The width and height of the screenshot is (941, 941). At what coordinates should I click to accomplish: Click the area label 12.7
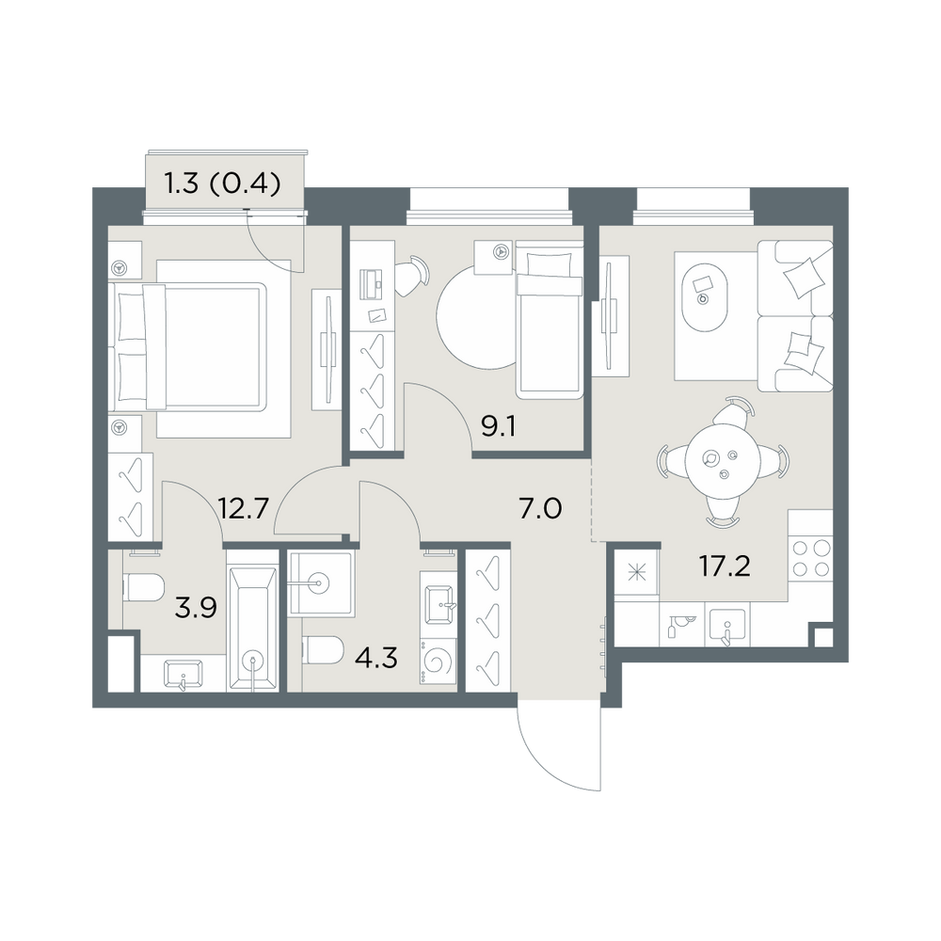[243, 509]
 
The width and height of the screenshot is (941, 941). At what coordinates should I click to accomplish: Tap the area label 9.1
[499, 426]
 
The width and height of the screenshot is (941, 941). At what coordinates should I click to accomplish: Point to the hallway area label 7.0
[540, 509]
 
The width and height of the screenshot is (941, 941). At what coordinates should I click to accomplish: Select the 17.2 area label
[725, 566]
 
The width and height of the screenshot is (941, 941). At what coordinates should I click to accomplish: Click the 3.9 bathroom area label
[196, 608]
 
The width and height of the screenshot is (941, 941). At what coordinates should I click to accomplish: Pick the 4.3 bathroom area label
[376, 659]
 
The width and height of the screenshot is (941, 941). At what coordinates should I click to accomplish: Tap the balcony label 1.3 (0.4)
[223, 184]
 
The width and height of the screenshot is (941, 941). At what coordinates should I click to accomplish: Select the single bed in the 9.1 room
[550, 320]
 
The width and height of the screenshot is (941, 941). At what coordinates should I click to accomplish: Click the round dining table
[723, 460]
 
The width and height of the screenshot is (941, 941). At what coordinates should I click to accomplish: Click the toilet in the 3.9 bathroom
[143, 587]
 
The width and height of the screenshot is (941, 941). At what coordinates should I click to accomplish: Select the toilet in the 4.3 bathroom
[323, 650]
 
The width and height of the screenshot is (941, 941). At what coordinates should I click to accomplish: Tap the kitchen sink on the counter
[727, 626]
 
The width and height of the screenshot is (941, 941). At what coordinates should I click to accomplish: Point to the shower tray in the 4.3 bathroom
[321, 583]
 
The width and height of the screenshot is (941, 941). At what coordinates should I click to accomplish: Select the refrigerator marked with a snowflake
[636, 575]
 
